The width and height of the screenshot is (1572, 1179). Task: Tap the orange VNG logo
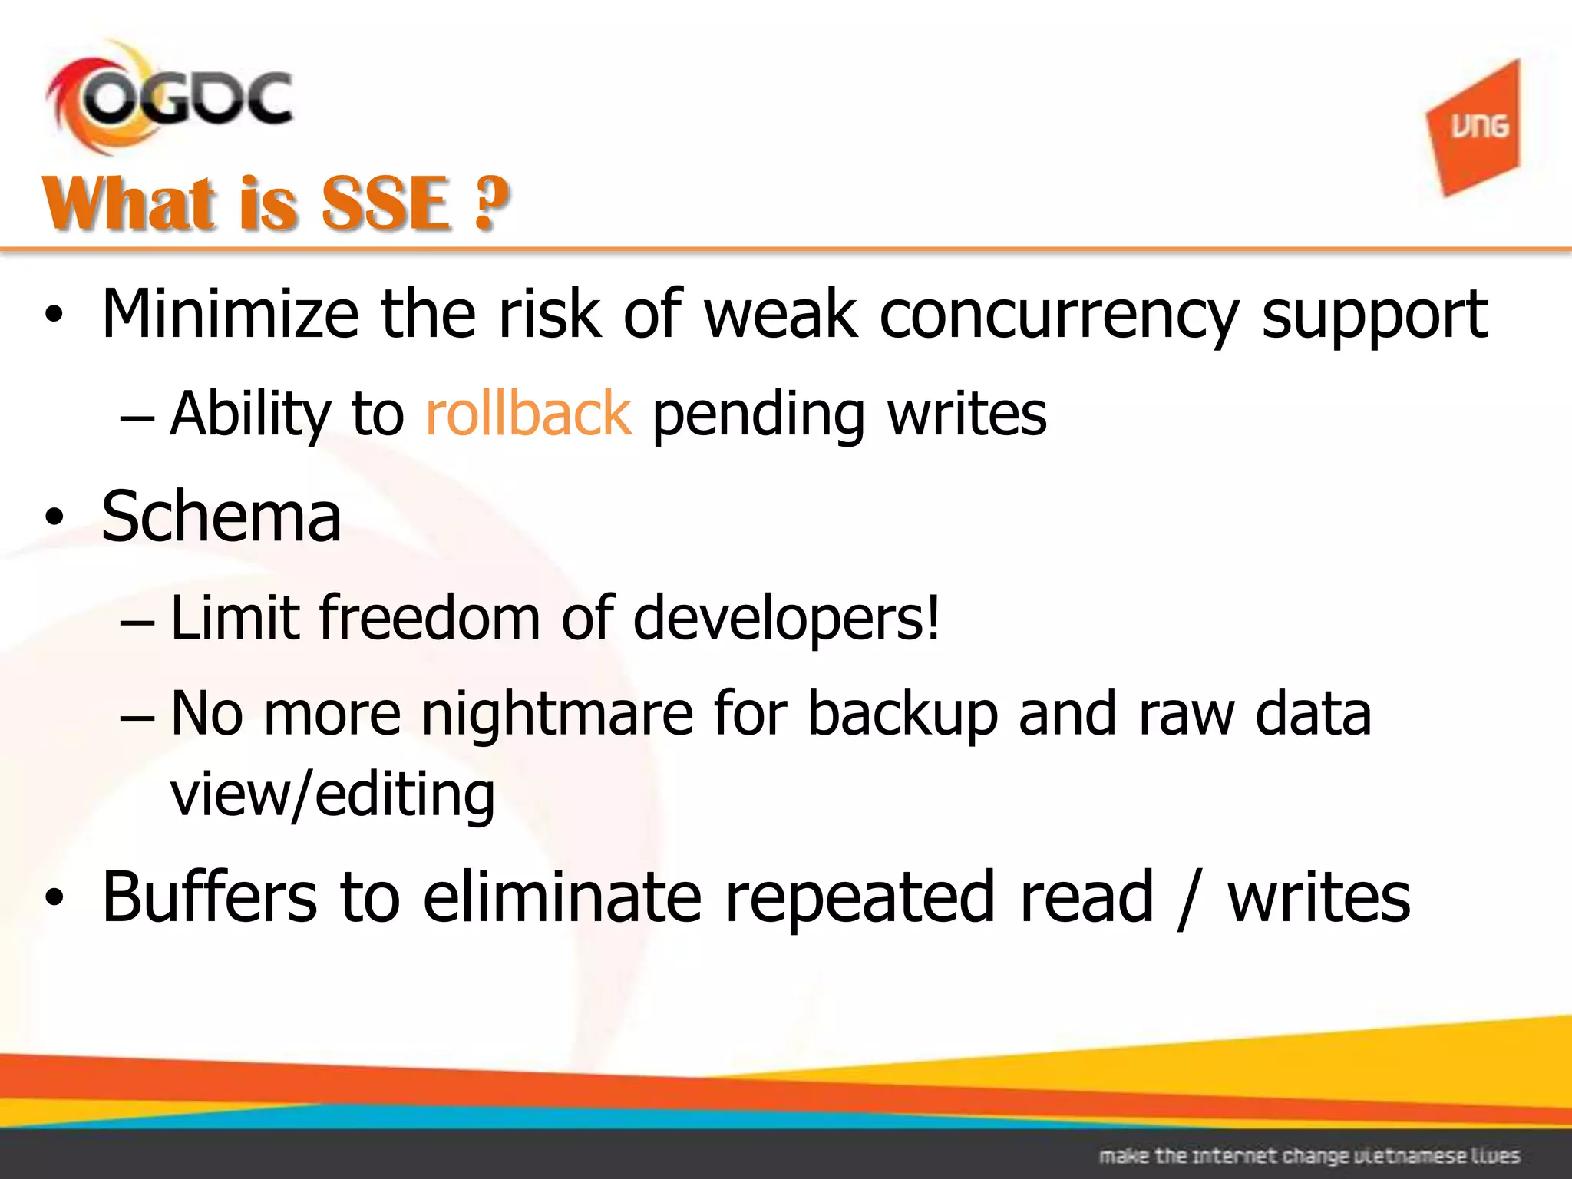pyautogui.click(x=1475, y=127)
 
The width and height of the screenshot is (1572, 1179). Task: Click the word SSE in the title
pyautogui.click(x=385, y=203)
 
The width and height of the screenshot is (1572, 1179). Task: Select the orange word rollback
pyautogui.click(x=528, y=413)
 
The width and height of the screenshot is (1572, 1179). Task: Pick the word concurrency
pyautogui.click(x=1058, y=315)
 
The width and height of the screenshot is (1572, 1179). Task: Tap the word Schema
pyautogui.click(x=221, y=517)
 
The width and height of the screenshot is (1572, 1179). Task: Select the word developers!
pyautogui.click(x=786, y=618)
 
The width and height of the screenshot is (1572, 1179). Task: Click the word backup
pyautogui.click(x=903, y=714)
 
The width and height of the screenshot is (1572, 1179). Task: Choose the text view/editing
pyautogui.click(x=332, y=794)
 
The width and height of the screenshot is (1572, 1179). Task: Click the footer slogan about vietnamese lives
pyautogui.click(x=1309, y=1155)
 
